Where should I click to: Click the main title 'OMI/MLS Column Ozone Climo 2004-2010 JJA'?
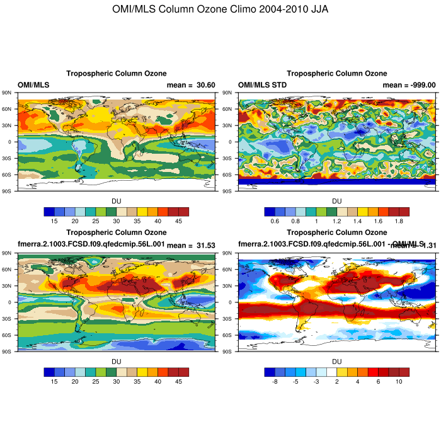(220, 9)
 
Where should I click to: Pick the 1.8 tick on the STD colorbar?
(398, 220)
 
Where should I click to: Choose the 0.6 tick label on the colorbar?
(275, 220)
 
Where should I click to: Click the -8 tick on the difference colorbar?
(275, 381)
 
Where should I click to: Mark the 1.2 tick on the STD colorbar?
(336, 220)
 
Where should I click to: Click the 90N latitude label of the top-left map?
(8, 93)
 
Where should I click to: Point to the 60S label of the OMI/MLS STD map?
(229, 175)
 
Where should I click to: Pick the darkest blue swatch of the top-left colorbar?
(49, 211)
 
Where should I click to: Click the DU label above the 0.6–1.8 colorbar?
(336, 201)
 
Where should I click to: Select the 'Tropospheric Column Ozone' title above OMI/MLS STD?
(336, 74)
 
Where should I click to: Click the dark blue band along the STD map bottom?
(336, 181)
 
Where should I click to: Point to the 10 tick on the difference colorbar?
(398, 381)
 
